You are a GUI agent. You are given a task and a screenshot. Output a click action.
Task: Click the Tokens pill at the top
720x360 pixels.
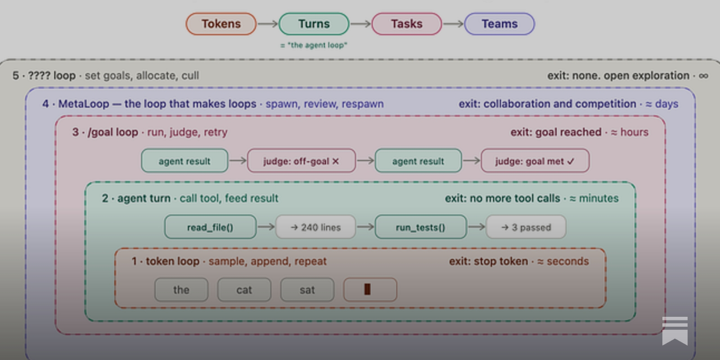pyautogui.click(x=221, y=24)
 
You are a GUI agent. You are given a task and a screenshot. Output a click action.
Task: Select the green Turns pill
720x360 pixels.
pyautogui.click(x=314, y=24)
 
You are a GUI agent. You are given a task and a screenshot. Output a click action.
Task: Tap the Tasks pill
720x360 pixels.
pyautogui.click(x=407, y=24)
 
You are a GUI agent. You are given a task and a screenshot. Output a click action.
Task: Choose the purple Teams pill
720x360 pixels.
pyautogui.click(x=499, y=24)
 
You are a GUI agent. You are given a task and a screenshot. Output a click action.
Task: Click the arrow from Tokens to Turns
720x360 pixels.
pyautogui.click(x=267, y=24)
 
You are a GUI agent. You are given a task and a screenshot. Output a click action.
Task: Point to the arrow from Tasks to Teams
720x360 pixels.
pyautogui.click(x=453, y=24)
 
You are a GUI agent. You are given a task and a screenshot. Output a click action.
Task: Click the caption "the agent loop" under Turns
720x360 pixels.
pyautogui.click(x=314, y=45)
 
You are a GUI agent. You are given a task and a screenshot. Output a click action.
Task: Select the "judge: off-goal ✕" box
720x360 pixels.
pyautogui.click(x=301, y=161)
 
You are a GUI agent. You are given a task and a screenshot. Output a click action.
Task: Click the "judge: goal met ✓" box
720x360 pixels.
pyautogui.click(x=535, y=161)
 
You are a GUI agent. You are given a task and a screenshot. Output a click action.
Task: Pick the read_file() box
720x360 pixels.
pyautogui.click(x=210, y=227)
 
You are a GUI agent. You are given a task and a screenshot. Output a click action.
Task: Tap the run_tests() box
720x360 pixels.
pyautogui.click(x=420, y=227)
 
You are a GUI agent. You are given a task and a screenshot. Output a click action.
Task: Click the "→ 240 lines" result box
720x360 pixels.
pyautogui.click(x=315, y=227)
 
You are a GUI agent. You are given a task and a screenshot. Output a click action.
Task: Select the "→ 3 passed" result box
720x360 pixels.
pyautogui.click(x=526, y=227)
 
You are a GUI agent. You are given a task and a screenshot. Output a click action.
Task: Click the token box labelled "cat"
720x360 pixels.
pyautogui.click(x=244, y=290)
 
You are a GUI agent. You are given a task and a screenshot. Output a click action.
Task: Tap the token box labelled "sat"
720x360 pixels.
pyautogui.click(x=307, y=290)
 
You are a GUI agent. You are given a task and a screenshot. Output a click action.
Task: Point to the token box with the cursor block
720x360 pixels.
pyautogui.click(x=370, y=290)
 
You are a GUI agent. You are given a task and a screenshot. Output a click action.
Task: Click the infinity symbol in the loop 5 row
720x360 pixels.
pyautogui.click(x=704, y=76)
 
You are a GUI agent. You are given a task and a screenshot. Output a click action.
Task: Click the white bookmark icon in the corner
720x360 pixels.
pyautogui.click(x=675, y=331)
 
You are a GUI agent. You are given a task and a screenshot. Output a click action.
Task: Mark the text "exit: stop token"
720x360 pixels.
pyautogui.click(x=488, y=261)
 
